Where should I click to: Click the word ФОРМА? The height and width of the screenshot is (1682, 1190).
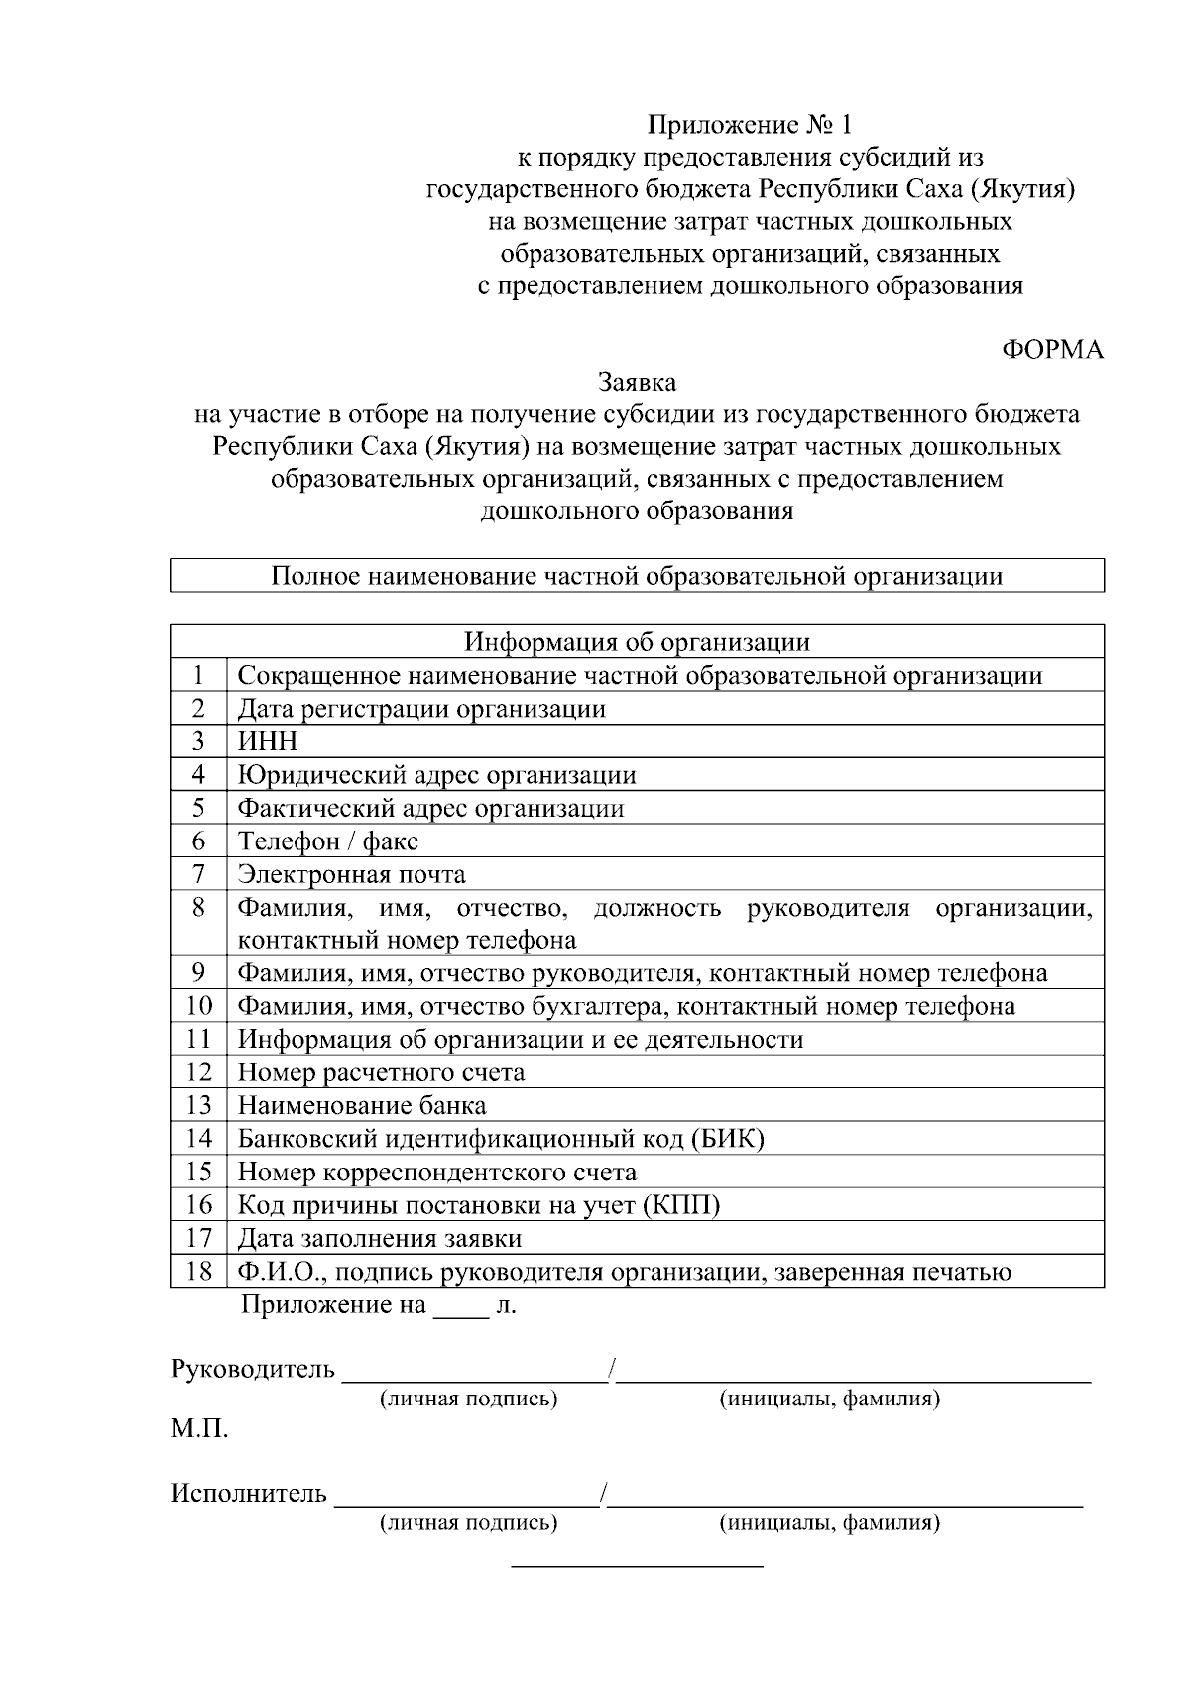pos(1052,350)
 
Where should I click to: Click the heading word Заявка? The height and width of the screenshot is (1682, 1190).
pos(637,382)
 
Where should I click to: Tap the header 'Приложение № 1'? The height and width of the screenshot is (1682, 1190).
pos(749,125)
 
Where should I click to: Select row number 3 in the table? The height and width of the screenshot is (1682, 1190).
pos(198,741)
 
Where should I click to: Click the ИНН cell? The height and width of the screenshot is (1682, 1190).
pos(267,741)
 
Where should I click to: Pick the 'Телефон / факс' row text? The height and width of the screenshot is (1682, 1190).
pos(327,841)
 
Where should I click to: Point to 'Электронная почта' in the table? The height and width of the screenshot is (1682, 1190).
pos(351,874)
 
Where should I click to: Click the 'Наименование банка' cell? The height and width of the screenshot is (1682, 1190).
pos(362,1105)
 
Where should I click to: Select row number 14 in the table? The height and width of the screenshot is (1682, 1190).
pos(198,1139)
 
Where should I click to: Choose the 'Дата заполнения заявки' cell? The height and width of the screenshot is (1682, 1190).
pos(379,1239)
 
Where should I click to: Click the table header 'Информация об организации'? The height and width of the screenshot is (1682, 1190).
pos(637,642)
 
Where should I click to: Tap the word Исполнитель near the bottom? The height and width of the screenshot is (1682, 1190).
pos(248,1493)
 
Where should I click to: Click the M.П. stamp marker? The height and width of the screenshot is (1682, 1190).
pos(199,1430)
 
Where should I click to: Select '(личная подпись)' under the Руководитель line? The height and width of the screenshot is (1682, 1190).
pos(468,1399)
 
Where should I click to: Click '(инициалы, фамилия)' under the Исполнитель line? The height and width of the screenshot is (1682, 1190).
pos(829,1522)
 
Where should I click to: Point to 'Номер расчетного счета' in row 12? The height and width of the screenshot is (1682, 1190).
pos(381,1072)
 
